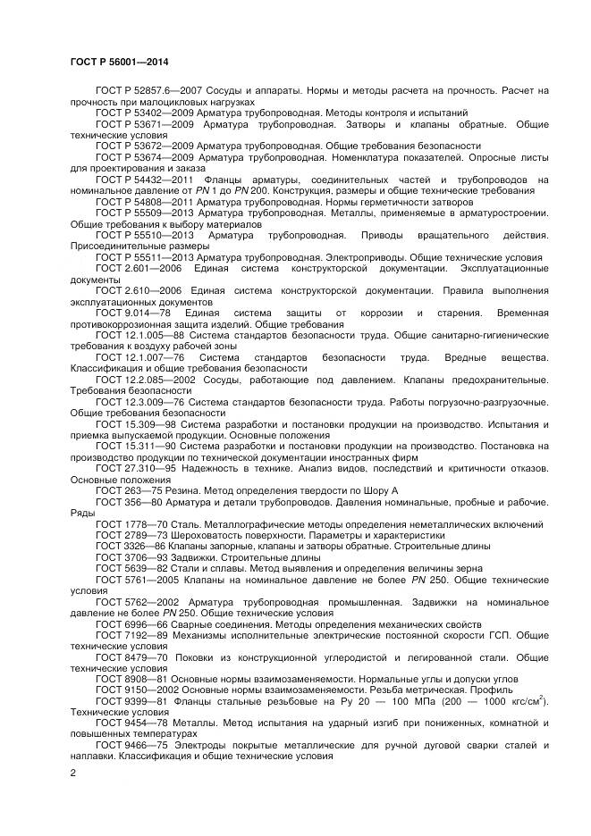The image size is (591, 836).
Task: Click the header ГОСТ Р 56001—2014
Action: (118, 62)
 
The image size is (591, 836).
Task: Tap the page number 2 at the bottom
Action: (72, 773)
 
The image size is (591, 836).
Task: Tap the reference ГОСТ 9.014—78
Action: (130, 313)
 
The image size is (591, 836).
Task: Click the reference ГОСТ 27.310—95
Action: (134, 468)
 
